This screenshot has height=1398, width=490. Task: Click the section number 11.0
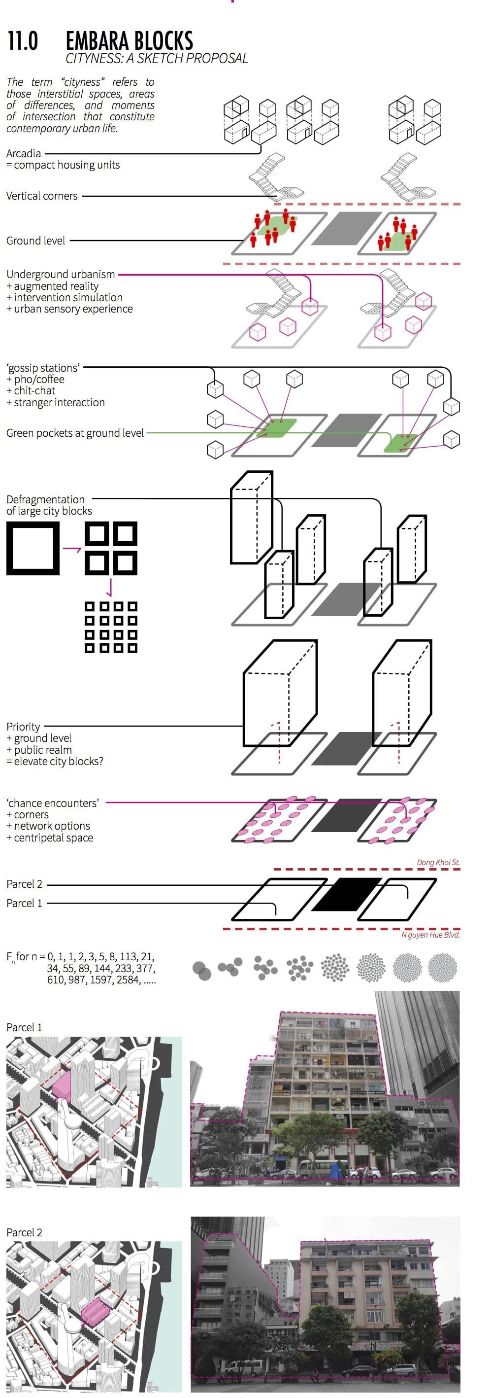click(23, 41)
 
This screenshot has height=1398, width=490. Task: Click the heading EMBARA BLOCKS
click(129, 41)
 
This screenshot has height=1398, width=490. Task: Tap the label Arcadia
click(23, 154)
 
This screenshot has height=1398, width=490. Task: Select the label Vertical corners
click(42, 196)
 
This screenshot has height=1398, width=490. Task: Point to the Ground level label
click(36, 241)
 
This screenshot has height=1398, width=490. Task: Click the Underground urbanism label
click(61, 274)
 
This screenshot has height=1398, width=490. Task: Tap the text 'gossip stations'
click(43, 367)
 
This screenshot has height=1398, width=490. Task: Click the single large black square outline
click(33, 548)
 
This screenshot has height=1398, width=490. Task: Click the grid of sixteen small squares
click(111, 627)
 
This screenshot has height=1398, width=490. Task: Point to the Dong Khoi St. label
click(438, 862)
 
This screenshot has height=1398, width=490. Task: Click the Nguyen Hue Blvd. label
click(430, 935)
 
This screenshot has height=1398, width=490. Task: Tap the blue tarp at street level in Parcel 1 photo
click(338, 1168)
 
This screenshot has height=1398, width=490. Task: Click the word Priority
click(23, 726)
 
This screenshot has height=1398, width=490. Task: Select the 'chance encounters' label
click(53, 803)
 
